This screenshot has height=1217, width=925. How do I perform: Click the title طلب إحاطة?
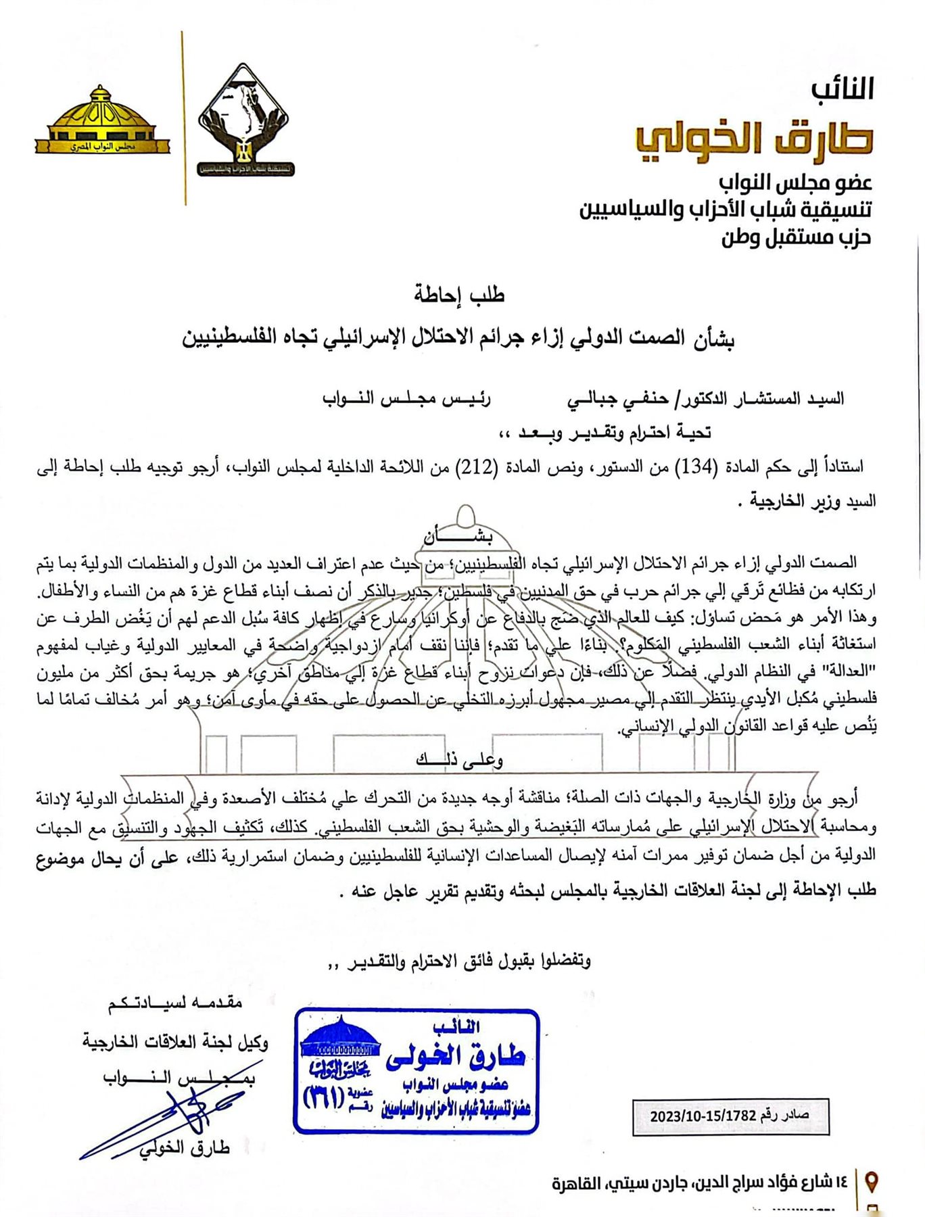(459, 295)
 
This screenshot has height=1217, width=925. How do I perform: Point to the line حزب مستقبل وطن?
(796, 237)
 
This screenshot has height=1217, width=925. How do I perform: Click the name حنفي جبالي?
(608, 399)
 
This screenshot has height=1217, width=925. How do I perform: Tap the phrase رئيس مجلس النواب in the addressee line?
(406, 399)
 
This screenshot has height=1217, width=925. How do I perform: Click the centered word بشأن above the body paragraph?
(458, 537)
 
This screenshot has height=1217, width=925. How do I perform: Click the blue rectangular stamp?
(417, 1070)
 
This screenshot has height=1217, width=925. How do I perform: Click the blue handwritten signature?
(169, 1116)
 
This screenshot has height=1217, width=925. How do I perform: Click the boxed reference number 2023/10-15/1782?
(730, 1116)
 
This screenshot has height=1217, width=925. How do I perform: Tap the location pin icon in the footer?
(872, 1182)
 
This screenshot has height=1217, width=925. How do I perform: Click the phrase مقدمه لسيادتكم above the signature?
(175, 1002)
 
